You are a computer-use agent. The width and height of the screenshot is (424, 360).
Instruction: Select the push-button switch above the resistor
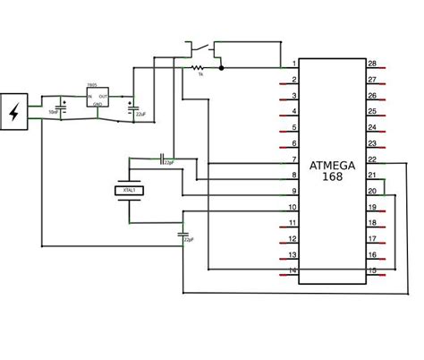pyautogui.click(x=199, y=47)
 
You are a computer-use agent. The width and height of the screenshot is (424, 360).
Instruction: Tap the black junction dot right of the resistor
pyautogui.click(x=222, y=67)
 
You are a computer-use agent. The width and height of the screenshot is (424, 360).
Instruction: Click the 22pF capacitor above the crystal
pyautogui.click(x=162, y=159)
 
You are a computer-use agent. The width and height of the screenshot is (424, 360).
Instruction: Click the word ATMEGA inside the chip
pyautogui.click(x=332, y=166)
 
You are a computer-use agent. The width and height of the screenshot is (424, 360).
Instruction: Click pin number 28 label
pyautogui.click(x=373, y=64)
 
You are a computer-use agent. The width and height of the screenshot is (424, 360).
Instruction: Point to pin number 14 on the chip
pyautogui.click(x=293, y=271)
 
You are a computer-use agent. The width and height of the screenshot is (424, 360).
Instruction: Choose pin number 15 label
pyautogui.click(x=373, y=271)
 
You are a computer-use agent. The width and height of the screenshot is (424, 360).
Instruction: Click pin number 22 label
pyautogui.click(x=373, y=159)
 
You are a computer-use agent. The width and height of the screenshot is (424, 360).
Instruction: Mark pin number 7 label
pyautogui.click(x=293, y=159)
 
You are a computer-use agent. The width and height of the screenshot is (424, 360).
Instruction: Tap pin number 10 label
pyautogui.click(x=293, y=207)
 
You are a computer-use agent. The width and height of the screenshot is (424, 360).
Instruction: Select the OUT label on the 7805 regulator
pyautogui.click(x=104, y=96)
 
